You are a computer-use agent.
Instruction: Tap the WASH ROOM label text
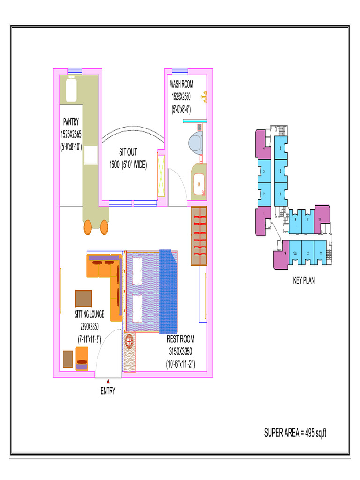(181, 85)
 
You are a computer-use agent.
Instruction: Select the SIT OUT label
(128, 153)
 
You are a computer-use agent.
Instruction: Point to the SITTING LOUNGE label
(90, 315)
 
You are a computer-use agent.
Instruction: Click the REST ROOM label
(180, 339)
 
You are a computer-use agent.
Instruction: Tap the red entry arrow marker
(108, 382)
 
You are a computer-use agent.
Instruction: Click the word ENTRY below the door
(108, 391)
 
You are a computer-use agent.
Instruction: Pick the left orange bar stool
(88, 228)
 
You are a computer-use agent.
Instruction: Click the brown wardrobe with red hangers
(199, 235)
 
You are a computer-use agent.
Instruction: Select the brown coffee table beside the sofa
(83, 299)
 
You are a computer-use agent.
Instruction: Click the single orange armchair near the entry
(82, 359)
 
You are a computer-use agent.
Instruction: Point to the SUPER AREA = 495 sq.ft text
(295, 433)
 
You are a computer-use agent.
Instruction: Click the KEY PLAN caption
(304, 281)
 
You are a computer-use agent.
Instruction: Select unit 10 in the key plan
(320, 219)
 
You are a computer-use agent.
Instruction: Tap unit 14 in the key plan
(285, 253)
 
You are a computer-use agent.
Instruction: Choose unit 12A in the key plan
(295, 253)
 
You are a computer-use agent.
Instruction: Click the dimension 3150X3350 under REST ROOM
(180, 351)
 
